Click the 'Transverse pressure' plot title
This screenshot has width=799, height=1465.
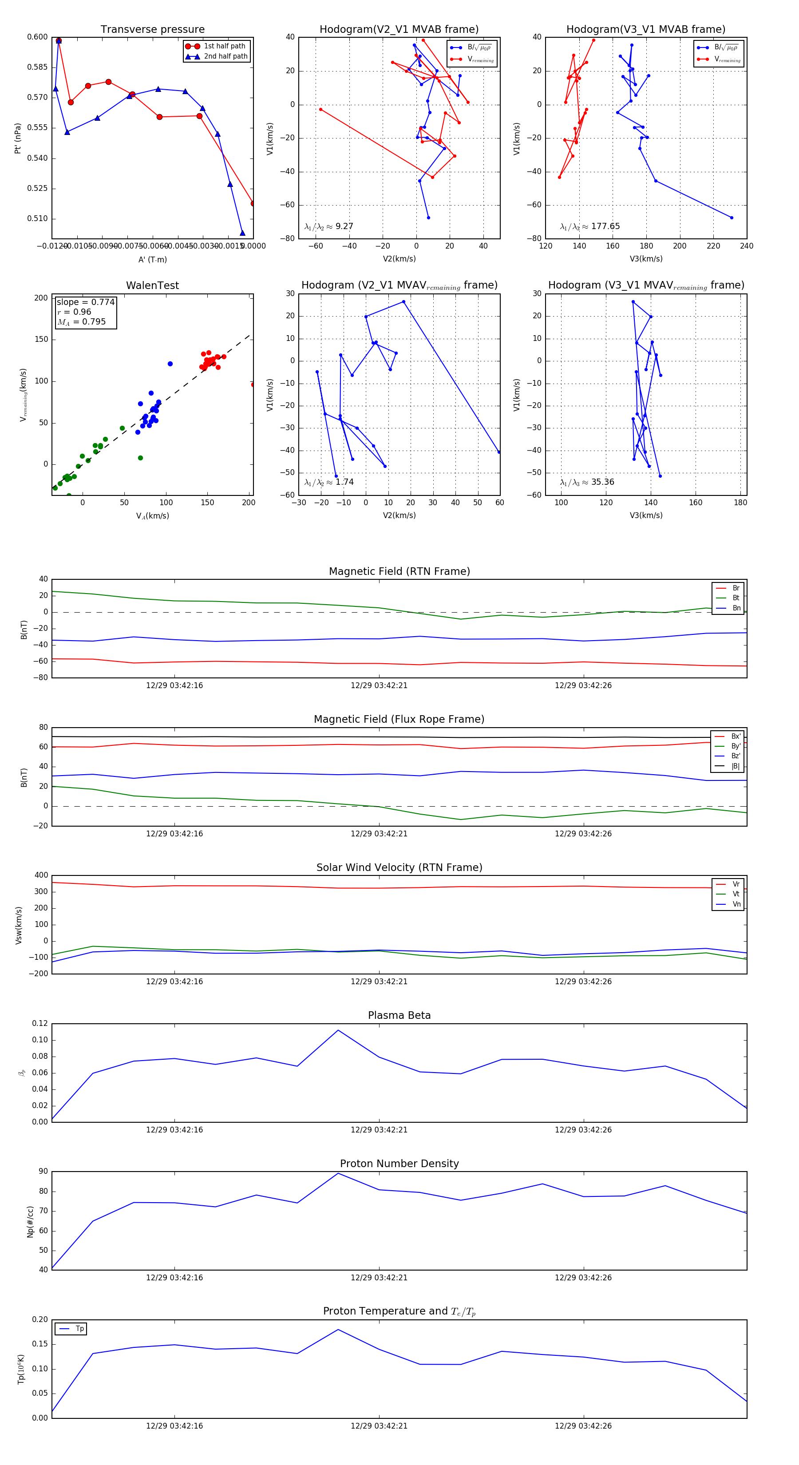[x=152, y=30]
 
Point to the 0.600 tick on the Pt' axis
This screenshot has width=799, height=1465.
[x=38, y=37]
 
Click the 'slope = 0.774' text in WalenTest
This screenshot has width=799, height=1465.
[x=85, y=302]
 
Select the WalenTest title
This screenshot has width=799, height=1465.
[x=152, y=285]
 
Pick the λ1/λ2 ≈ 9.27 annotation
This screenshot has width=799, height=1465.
[x=328, y=226]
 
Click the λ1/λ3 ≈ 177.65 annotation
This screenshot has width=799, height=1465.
[x=590, y=226]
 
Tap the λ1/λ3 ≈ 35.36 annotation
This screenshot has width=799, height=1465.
[x=587, y=482]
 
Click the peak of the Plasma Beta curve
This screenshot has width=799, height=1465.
[x=338, y=1030]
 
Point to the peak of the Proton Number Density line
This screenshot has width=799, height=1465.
[x=338, y=1173]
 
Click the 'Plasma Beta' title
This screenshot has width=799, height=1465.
[x=399, y=1016]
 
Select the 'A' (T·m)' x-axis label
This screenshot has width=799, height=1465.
[x=152, y=259]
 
